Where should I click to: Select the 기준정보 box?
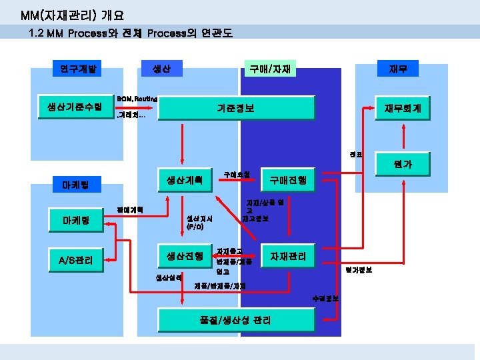coord(235,108)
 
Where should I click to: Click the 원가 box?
coord(402,164)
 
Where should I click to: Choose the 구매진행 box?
coord(288,180)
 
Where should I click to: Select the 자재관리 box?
coord(288,257)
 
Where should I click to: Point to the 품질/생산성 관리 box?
coord(235,320)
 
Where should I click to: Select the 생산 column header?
coord(161,68)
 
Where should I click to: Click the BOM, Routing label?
coord(136,99)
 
